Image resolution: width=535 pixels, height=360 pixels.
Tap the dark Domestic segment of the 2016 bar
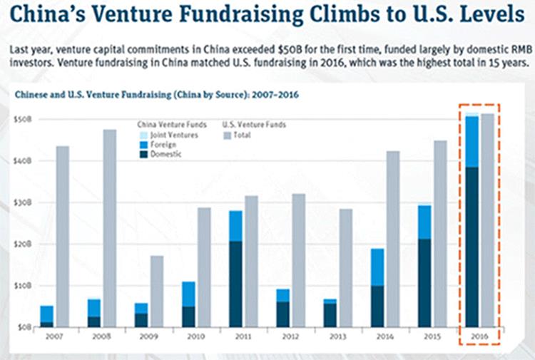[471, 246]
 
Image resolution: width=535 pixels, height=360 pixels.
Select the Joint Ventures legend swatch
[143, 135]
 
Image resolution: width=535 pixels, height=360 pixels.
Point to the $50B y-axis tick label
[25, 119]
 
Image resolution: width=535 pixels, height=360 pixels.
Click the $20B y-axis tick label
[25, 244]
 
